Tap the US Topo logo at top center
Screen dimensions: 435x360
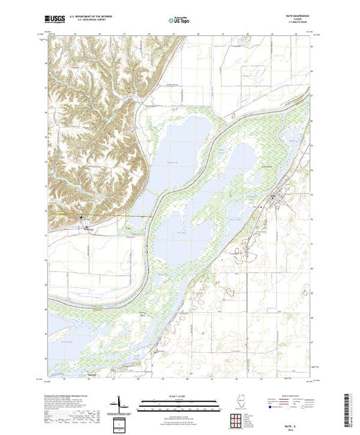[180, 21]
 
